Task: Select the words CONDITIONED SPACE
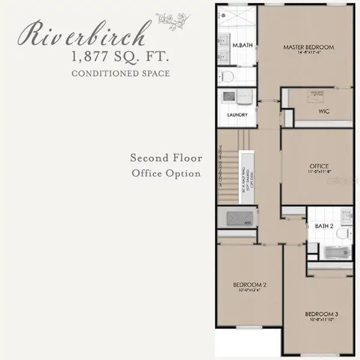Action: coord(121,74)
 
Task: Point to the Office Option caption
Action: coord(167,173)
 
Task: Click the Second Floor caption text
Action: coord(167,158)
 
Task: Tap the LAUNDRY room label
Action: coord(238,115)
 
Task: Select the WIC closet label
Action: coord(325,112)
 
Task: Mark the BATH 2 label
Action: coord(324,226)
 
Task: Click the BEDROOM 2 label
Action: coord(250,284)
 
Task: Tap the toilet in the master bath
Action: coord(227,76)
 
